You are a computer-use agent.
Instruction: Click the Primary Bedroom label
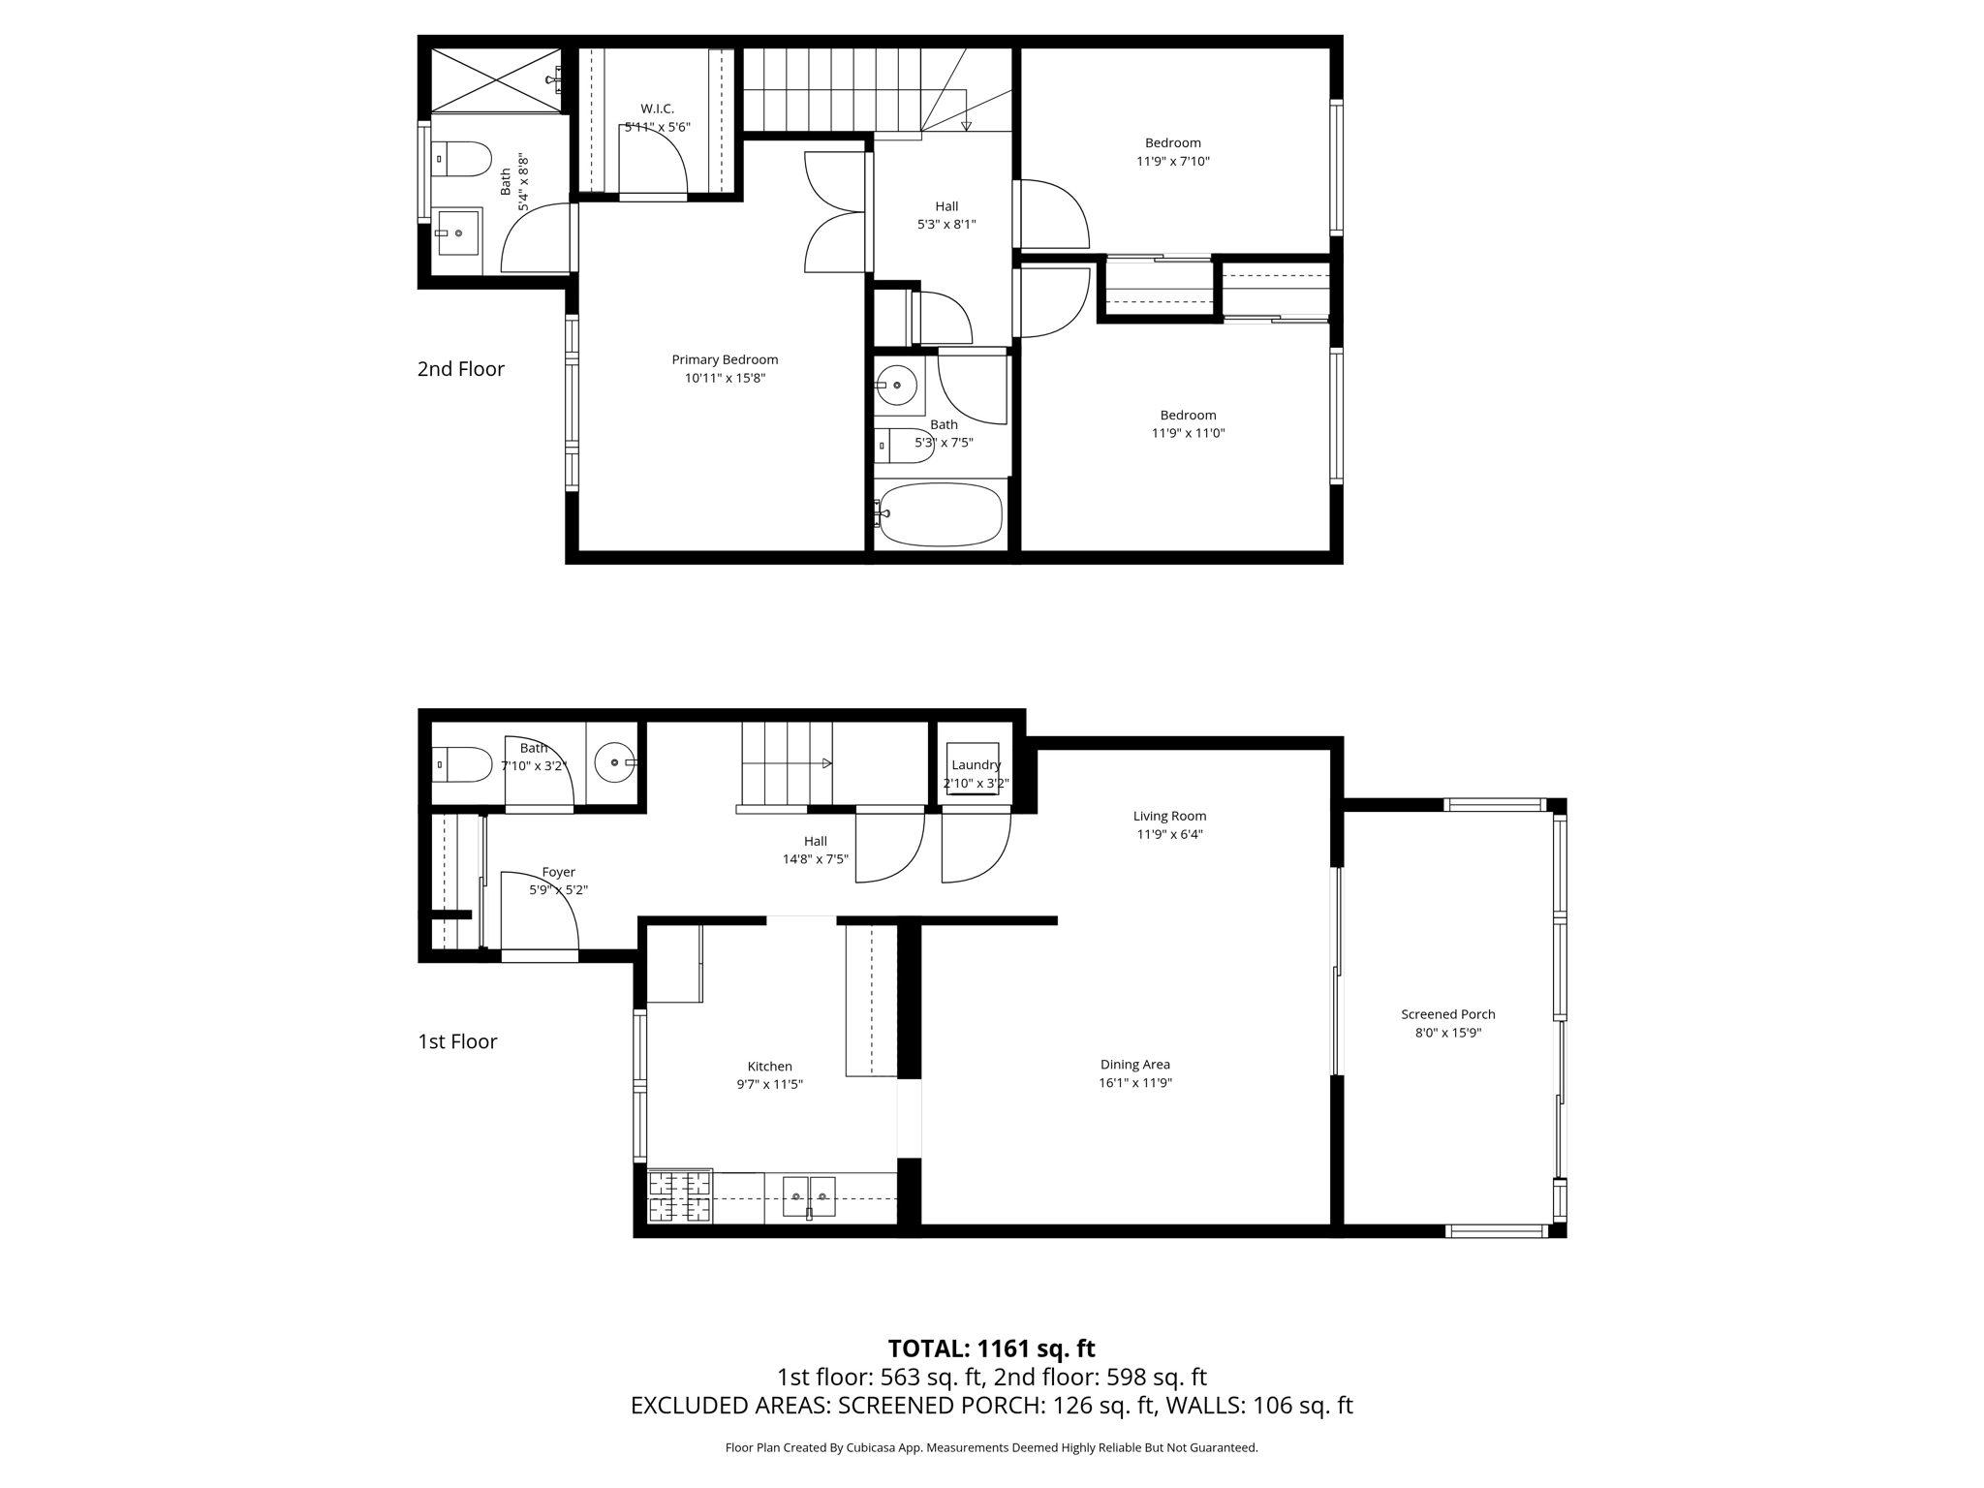725,359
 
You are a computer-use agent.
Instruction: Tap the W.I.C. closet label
657,108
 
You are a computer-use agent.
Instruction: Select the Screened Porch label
1448,1014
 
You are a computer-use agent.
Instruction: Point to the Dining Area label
1135,1065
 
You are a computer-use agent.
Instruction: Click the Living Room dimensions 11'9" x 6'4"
1170,834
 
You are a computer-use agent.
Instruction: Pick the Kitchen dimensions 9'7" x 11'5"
770,1085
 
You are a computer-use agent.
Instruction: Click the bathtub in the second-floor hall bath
940,514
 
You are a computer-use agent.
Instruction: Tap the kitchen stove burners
679,1197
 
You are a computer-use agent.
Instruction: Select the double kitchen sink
809,1196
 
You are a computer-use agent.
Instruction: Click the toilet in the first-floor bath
462,764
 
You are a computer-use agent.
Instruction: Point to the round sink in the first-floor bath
614,762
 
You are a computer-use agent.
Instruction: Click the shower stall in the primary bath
496,79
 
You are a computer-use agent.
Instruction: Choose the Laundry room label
976,765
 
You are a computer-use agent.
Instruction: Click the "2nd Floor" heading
461,369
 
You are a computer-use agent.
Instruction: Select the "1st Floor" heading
457,1041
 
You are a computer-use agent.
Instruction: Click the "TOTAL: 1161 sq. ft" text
992,1348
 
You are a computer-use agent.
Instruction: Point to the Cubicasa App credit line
992,1448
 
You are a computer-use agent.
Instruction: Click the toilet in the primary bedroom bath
462,159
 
